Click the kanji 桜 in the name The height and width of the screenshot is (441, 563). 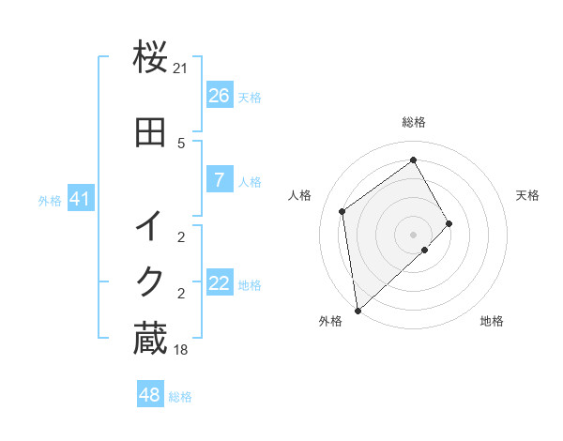pos(150,57)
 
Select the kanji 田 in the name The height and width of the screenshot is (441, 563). pos(150,132)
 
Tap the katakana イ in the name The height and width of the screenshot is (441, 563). pos(150,226)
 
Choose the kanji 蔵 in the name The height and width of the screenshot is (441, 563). pos(150,340)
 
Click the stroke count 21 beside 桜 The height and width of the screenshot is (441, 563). pos(181,68)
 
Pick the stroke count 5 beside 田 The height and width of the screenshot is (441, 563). pos(181,143)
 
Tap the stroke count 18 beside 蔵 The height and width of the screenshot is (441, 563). pos(181,350)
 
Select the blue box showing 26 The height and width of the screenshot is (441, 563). pos(219,96)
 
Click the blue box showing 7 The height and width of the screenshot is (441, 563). pos(219,180)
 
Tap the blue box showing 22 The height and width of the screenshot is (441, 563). pos(219,283)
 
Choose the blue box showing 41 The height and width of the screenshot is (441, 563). pos(81,199)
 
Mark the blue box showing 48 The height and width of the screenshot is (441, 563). pos(150,395)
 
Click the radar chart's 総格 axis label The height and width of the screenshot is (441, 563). pos(413,122)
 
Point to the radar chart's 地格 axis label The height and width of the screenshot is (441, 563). pos(492,321)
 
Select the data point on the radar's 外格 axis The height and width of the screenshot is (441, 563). pos(357,310)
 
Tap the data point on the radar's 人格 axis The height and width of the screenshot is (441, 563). pos(342,211)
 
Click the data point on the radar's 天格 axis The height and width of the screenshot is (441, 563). pos(449,223)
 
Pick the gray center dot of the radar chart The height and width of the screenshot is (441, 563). pos(413,234)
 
